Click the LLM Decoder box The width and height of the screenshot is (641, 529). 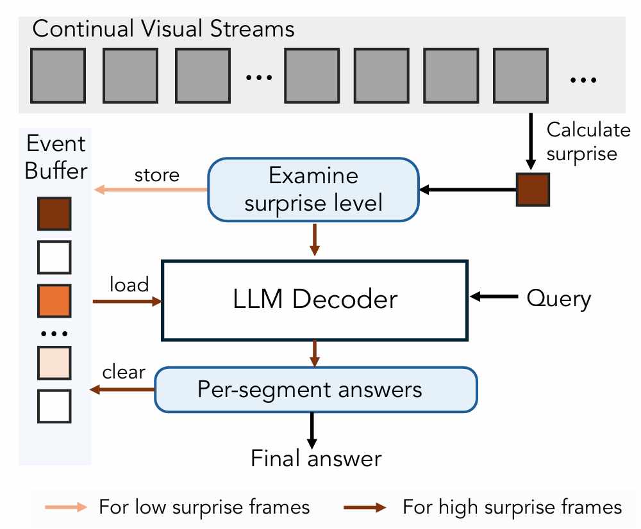pos(315,300)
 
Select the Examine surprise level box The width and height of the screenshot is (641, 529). pos(313,190)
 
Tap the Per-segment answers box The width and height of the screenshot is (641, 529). pos(317,389)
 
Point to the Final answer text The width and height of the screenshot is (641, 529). pos(316,459)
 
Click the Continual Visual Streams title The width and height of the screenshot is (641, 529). pos(163,29)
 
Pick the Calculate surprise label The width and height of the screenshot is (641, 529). pos(588,142)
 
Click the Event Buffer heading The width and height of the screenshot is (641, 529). pos(56,158)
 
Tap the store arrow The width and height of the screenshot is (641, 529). pos(151,190)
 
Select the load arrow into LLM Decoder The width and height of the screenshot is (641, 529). pos(128,300)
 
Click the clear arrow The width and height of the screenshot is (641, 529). pos(123,389)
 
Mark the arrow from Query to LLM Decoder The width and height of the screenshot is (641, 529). pos(494,297)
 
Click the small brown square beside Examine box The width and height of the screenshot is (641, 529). pos(533,190)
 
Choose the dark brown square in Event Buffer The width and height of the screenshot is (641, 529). pos(54,214)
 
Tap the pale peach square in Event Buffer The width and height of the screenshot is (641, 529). pos(54,362)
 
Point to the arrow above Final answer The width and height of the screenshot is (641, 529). pos(313,430)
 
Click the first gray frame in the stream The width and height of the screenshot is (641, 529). pos(58,76)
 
